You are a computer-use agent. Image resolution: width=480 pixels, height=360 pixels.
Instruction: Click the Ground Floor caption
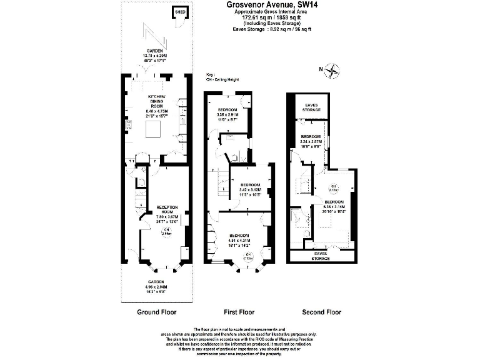point(156,311)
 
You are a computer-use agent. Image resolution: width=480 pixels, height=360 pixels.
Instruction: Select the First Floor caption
point(238,311)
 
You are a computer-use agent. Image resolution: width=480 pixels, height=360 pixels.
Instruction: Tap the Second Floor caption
point(321,311)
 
